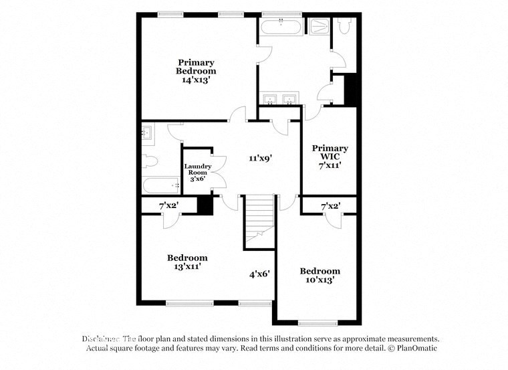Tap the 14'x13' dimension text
coord(196,80)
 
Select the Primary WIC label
coord(330,152)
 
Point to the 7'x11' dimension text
coord(330,165)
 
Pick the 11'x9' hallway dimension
coord(261,159)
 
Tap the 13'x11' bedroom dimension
coord(187,266)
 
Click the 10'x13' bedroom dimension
coord(320,280)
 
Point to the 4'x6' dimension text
coord(259,273)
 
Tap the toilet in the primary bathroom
coord(344,26)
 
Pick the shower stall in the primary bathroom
coord(318,25)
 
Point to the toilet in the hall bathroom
coord(150,161)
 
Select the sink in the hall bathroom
coord(148,134)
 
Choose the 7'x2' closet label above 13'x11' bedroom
coord(168,205)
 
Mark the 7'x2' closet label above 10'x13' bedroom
coord(331,206)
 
